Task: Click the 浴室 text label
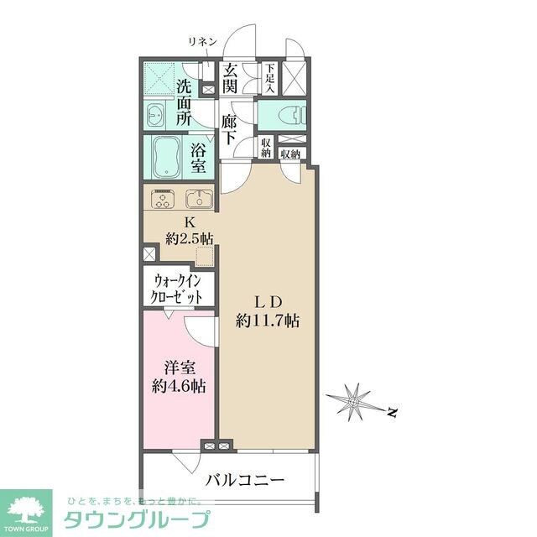(199, 157)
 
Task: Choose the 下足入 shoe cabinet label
(270, 78)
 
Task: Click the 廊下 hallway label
(231, 131)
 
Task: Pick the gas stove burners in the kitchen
(163, 201)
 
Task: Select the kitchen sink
(198, 201)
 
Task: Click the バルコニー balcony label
(244, 481)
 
